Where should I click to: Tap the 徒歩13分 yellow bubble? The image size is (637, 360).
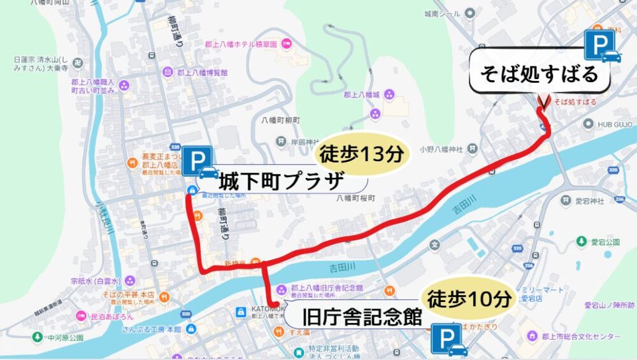click(361, 154)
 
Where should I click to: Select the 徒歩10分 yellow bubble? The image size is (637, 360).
click(468, 298)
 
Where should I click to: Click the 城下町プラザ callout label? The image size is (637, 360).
click(283, 182)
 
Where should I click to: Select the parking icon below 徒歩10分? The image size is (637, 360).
click(448, 339)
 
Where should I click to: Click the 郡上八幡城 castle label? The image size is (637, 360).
click(362, 95)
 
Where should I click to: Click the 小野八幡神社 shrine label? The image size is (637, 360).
click(441, 149)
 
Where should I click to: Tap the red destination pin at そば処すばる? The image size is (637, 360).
click(543, 102)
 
